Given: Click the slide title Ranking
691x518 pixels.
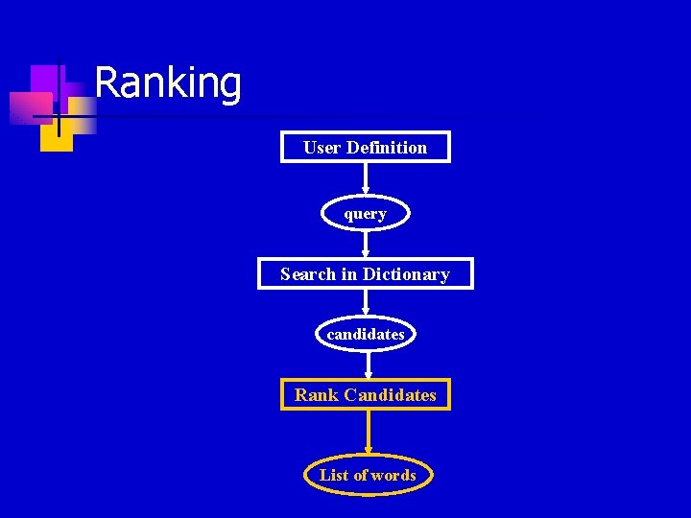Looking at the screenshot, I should [168, 82].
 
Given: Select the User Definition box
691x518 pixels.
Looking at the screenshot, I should [365, 147].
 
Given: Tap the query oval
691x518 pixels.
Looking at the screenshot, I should [365, 214].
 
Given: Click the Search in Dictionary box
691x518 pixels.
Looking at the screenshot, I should [365, 274].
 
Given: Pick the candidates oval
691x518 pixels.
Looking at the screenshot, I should [366, 334].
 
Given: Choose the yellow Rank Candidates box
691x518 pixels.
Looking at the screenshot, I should [365, 395].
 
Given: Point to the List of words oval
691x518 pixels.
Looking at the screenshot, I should [368, 475].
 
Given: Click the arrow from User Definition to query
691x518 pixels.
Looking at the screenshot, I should [365, 179].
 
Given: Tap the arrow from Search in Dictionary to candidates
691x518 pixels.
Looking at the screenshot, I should [366, 302].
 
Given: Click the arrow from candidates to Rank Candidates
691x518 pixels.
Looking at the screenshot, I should [368, 365].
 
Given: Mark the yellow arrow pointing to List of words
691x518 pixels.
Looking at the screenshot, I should [368, 433].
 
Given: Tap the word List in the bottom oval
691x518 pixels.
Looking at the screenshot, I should [334, 475].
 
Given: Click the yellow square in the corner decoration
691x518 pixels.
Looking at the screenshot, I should [56, 136].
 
